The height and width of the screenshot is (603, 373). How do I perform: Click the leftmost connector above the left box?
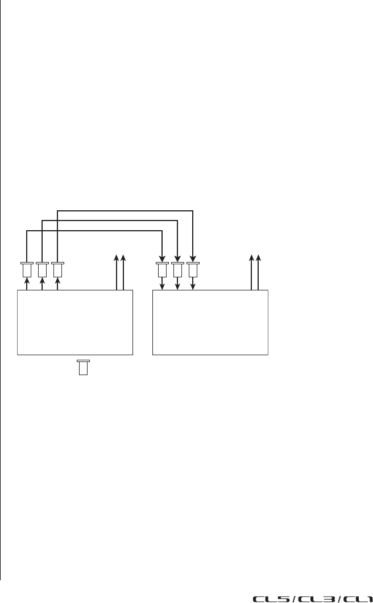(x=27, y=269)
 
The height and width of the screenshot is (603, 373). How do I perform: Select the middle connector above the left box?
(x=42, y=269)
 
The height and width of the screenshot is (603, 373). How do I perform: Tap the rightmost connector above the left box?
(x=57, y=269)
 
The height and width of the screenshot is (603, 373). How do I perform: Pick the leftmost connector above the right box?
(x=163, y=269)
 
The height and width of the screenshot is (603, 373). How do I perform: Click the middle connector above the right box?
(x=178, y=269)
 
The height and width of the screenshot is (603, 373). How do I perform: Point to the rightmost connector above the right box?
(x=193, y=269)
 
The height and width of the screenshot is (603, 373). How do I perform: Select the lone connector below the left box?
(x=83, y=367)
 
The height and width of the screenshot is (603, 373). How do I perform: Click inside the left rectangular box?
(x=75, y=323)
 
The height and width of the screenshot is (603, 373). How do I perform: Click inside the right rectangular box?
(x=210, y=323)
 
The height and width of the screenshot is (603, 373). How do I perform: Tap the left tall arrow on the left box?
(x=117, y=273)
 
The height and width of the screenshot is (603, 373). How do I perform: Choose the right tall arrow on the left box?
(x=124, y=273)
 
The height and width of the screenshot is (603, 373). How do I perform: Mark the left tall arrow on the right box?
(x=252, y=273)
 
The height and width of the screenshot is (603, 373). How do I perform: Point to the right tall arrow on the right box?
(x=259, y=273)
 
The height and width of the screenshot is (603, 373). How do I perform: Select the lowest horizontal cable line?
(x=94, y=230)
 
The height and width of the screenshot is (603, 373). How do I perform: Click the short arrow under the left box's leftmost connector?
(x=27, y=284)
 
